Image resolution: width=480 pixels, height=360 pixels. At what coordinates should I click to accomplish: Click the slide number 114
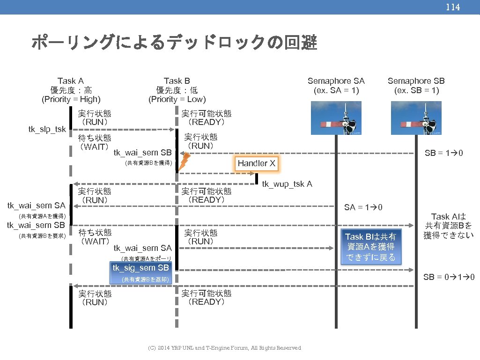[452, 7]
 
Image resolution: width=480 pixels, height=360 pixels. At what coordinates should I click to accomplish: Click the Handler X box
[257, 163]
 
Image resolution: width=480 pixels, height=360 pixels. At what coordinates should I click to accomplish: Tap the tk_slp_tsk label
[47, 129]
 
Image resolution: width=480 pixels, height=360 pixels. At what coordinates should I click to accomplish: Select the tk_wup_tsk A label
[287, 184]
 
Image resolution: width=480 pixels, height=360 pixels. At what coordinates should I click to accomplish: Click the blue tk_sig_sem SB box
[141, 268]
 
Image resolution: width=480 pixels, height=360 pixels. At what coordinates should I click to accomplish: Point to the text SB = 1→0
[443, 153]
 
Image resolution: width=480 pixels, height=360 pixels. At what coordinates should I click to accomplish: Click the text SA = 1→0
[363, 207]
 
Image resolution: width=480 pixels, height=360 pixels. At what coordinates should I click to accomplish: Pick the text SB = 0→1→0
[449, 277]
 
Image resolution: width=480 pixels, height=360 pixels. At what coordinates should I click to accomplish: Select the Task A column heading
[71, 81]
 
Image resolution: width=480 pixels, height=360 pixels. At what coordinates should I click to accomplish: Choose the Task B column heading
[177, 81]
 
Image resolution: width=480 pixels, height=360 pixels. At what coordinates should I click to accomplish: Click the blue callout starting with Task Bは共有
[370, 247]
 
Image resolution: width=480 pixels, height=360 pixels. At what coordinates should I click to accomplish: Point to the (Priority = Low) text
[177, 99]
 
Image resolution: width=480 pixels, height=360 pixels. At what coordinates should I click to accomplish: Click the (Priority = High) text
[71, 99]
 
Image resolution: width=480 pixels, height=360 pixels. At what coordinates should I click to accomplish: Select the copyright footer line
[224, 348]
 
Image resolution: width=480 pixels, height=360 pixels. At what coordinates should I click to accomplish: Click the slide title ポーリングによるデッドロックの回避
[174, 44]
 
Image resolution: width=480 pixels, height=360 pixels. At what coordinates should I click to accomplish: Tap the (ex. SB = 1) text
[416, 90]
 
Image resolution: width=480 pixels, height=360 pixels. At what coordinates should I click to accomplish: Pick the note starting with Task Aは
[448, 226]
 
